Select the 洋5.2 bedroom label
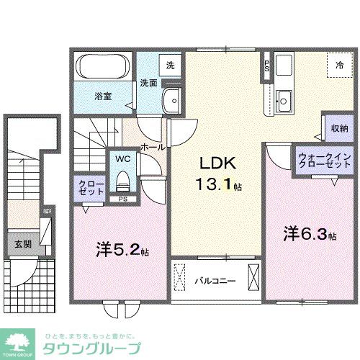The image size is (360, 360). coord(120,251)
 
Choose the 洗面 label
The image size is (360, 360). coord(148,82)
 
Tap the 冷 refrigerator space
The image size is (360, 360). coord(339,66)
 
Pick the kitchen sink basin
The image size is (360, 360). coord(283,99)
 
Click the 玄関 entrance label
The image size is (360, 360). coord(21,243)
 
